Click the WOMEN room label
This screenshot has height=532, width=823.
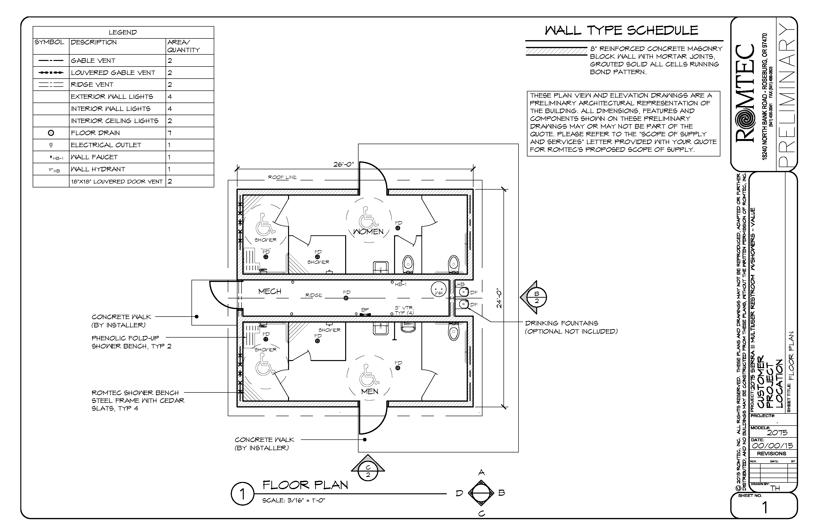coord(368,231)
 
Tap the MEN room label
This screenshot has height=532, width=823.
coord(369,392)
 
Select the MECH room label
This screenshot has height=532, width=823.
coord(270,291)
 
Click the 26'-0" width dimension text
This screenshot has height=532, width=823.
coord(343,164)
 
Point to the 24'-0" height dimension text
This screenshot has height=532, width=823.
coord(499,298)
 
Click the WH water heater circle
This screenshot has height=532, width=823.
coord(438,289)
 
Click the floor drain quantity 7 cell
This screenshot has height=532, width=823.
coord(169,133)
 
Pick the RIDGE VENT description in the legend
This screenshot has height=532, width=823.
coord(92,85)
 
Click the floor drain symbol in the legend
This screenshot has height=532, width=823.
coord(51,133)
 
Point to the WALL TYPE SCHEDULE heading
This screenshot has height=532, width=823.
coord(621,30)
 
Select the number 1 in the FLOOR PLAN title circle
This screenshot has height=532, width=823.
coord(242,494)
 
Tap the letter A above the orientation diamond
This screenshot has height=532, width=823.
coord(481,473)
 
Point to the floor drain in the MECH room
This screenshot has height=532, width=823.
coord(346,298)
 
